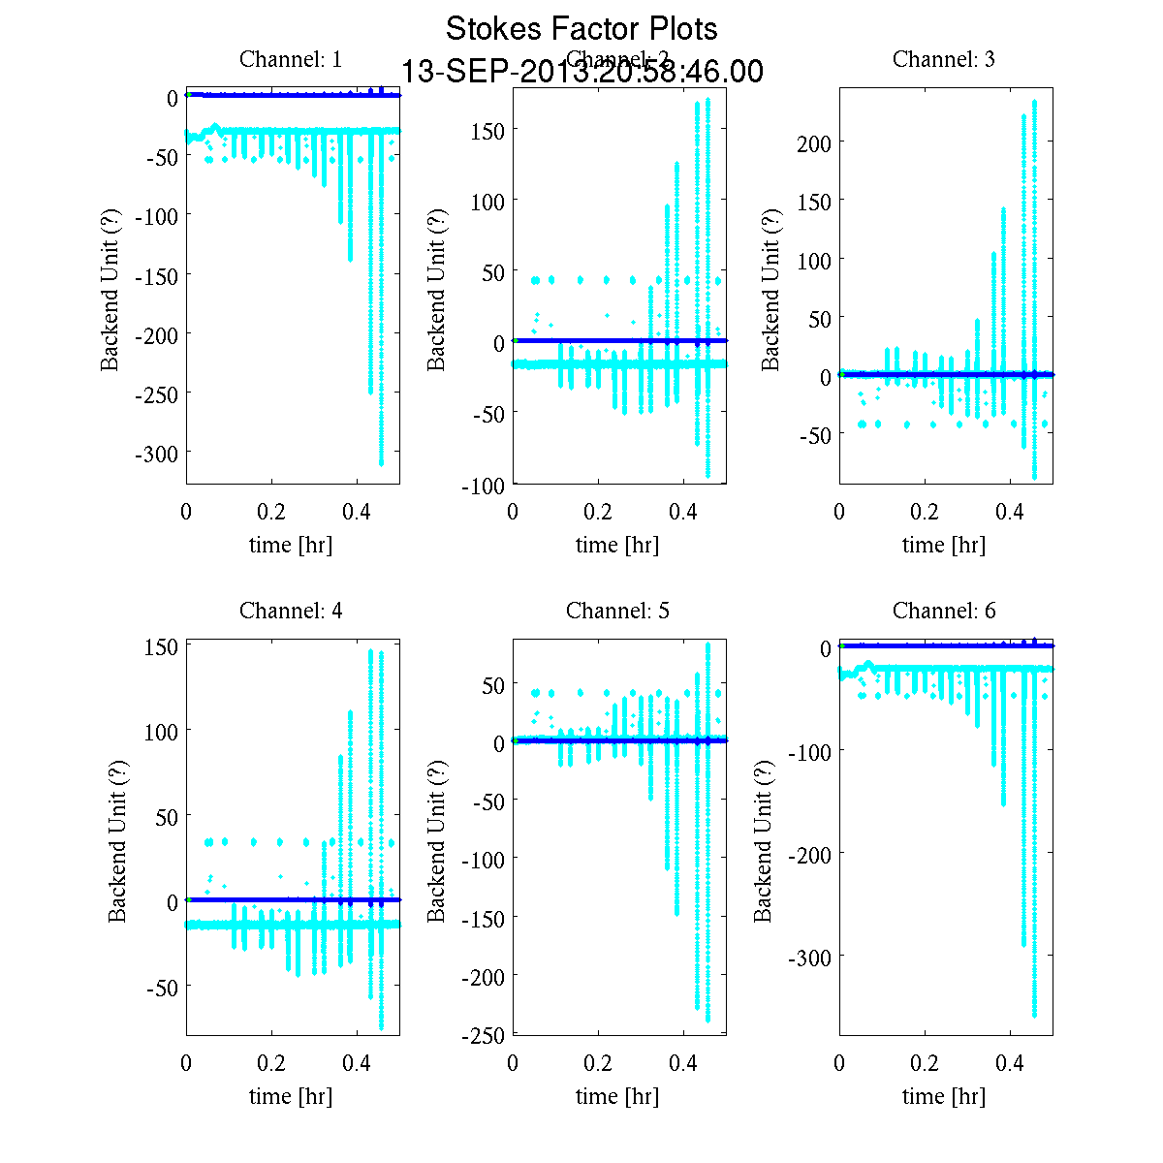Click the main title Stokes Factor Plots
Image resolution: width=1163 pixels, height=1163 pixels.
(581, 29)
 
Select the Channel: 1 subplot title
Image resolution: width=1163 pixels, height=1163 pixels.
(291, 59)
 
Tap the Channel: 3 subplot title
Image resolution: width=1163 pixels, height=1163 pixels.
(943, 59)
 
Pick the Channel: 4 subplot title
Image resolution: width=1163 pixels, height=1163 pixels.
(291, 611)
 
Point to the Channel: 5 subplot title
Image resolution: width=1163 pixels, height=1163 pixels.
(617, 611)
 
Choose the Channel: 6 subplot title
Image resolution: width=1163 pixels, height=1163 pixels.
(943, 611)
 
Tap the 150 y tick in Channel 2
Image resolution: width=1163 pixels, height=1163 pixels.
(486, 130)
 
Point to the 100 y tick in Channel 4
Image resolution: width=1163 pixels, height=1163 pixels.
(160, 731)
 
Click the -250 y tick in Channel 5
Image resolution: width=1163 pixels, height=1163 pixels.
(482, 1036)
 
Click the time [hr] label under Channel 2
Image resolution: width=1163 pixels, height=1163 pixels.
(617, 545)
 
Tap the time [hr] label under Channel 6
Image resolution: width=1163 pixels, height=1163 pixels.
(943, 1096)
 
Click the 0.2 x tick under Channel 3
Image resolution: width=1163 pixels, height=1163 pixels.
(924, 512)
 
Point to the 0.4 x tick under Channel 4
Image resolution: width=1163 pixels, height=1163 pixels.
(357, 1063)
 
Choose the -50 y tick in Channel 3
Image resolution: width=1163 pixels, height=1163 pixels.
(815, 435)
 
